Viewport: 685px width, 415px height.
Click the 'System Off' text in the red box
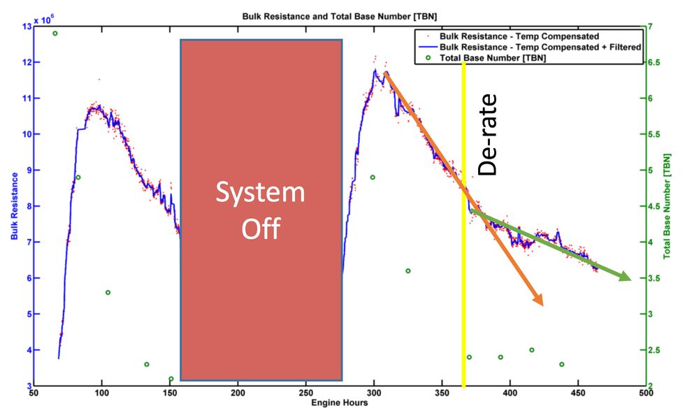(x=260, y=210)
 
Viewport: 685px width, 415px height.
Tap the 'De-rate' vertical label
(x=487, y=134)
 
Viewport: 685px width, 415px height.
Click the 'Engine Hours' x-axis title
(x=340, y=403)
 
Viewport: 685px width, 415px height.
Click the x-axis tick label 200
(x=238, y=393)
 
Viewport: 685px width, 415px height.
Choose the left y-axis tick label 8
(x=27, y=206)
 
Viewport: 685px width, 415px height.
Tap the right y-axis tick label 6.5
(x=655, y=62)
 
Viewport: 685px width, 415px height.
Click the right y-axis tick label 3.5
(x=655, y=278)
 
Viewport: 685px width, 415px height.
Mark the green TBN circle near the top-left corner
(x=55, y=34)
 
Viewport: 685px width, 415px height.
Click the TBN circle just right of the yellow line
(x=469, y=357)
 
